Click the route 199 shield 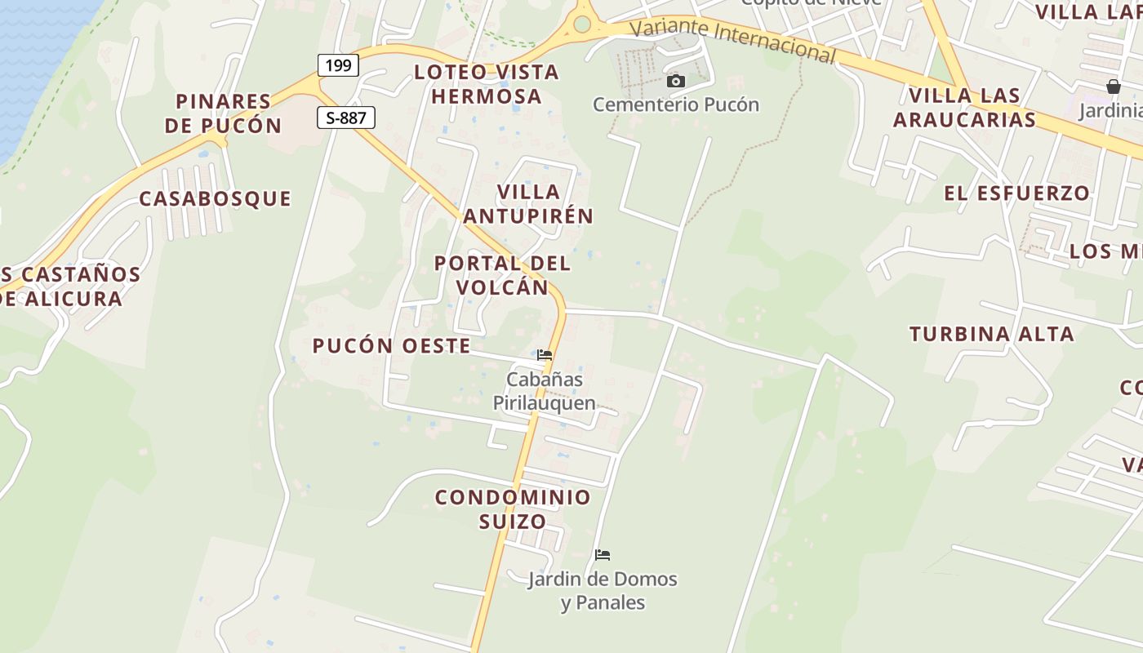click(338, 65)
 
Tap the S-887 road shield click(346, 118)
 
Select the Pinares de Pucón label click(223, 113)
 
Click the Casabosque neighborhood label click(215, 198)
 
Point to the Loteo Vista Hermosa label click(487, 84)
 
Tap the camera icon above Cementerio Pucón click(675, 81)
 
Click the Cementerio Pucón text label click(675, 104)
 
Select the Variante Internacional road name click(734, 39)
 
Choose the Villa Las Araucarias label click(964, 107)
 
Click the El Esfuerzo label click(1016, 193)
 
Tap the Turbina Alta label click(991, 334)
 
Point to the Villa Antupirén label click(528, 204)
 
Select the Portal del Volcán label click(502, 275)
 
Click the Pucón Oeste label click(391, 345)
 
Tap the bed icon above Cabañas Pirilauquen click(545, 355)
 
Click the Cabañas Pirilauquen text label click(545, 391)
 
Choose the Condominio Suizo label click(512, 509)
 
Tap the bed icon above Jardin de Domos click(603, 555)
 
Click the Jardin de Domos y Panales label click(603, 591)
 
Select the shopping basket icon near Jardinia click(1113, 87)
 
